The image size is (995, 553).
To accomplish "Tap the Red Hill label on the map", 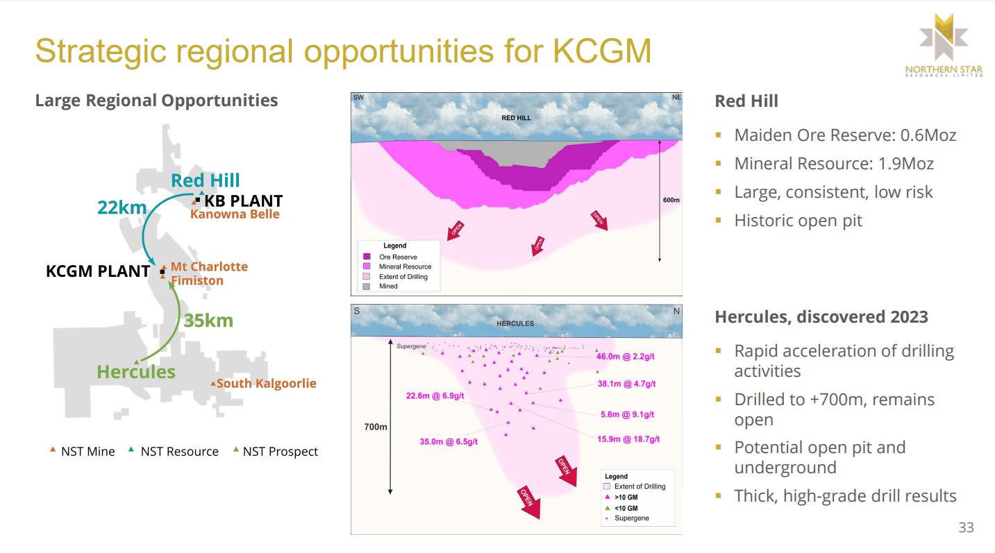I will pos(206,180).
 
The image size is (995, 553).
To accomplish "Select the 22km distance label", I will pos(122,207).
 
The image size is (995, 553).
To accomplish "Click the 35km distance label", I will pos(208,321).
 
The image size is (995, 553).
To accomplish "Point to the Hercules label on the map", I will pos(136,372).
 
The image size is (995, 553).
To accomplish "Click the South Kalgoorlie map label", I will pos(266,383).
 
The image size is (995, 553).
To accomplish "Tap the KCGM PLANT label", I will pos(98,271).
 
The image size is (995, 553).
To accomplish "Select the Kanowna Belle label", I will pos(235,214).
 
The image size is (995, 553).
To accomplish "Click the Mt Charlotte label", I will pos(209,266).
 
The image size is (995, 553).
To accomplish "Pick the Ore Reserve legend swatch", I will pos(367,257).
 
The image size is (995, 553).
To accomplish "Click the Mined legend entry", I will pos(388,286).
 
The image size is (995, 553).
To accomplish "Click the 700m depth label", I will pos(376,427).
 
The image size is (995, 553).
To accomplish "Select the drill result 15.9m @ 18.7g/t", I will pos(628,439).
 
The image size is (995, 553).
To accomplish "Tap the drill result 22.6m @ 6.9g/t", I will pos(435,395).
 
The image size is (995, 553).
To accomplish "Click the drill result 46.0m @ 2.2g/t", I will pos(626,356).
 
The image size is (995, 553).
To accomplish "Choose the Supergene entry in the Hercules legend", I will pos(631,518).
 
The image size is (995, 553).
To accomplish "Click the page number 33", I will pos(966,527).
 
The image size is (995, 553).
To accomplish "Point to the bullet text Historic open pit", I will pos(798,221).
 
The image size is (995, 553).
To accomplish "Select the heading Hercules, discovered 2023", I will pos(821,317).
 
